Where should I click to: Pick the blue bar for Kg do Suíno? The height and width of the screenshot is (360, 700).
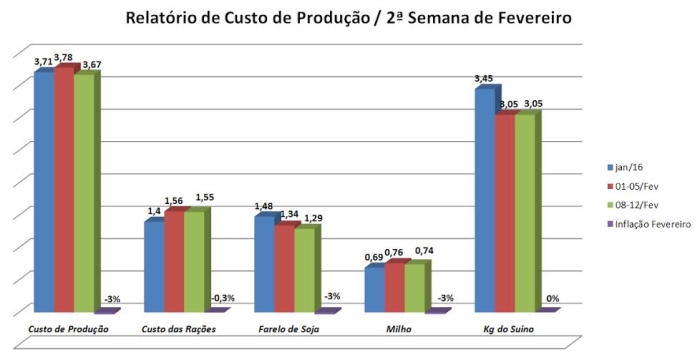pos(484,200)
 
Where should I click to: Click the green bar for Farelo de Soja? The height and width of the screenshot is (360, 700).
pos(304,270)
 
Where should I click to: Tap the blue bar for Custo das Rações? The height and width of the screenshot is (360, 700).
pos(154,265)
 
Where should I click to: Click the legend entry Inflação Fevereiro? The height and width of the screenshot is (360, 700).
pos(650,225)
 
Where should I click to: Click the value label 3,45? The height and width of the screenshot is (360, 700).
pos(483,78)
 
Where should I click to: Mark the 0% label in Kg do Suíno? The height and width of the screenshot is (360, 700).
pos(552,299)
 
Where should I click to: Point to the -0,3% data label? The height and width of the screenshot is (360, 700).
pos(223,298)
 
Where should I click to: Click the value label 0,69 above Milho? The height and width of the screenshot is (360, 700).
pos(373,258)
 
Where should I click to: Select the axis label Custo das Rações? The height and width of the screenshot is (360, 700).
pos(177,329)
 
